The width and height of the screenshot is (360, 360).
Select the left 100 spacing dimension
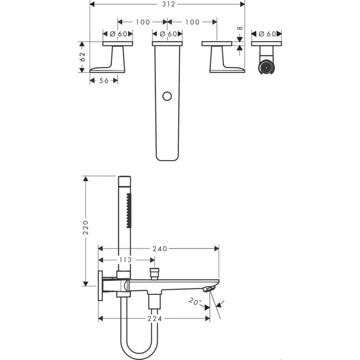click(142, 22)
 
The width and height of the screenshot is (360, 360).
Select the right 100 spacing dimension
click(192, 22)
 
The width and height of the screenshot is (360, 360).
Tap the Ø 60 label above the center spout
click(168, 34)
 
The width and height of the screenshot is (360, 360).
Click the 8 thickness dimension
click(240, 29)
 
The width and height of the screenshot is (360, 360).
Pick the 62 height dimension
click(83, 57)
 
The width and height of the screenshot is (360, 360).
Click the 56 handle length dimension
click(103, 81)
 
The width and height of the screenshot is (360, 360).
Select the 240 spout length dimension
click(159, 249)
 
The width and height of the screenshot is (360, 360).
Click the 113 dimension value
click(125, 260)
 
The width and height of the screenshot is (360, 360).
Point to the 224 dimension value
click(154, 318)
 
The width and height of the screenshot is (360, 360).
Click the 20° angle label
click(195, 302)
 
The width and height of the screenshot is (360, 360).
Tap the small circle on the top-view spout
click(167, 97)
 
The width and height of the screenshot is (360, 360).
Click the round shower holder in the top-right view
click(265, 67)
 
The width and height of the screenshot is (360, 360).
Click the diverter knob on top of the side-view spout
click(155, 274)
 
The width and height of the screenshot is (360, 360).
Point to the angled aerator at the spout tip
click(209, 289)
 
